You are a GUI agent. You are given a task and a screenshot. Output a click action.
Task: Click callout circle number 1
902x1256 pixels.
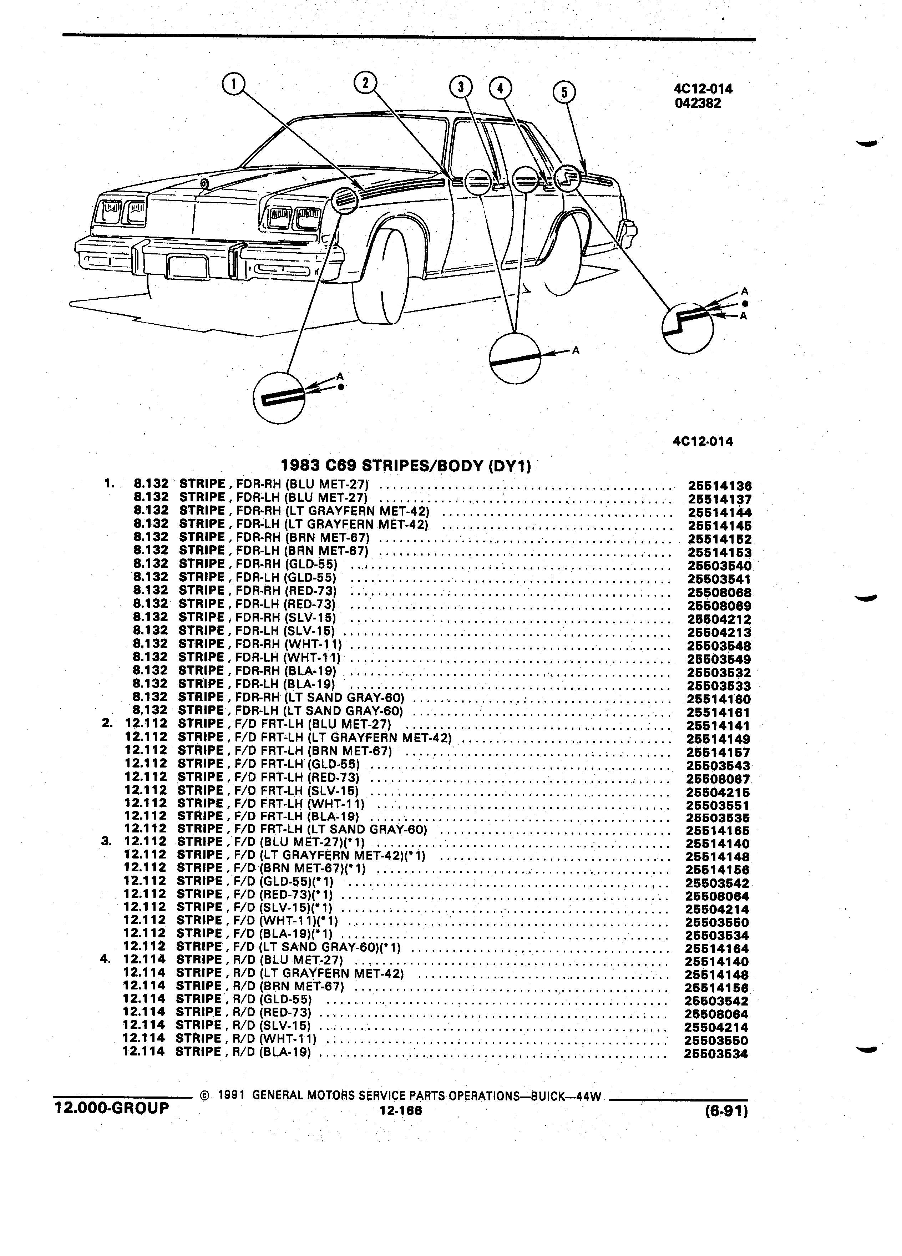[x=233, y=85]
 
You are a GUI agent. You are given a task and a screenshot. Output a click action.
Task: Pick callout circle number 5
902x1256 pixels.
[x=564, y=92]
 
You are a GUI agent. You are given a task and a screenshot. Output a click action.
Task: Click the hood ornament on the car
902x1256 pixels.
[x=205, y=183]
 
